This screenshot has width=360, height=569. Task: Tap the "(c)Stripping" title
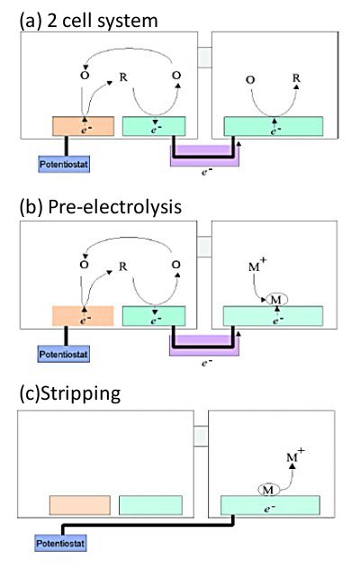tap(64, 394)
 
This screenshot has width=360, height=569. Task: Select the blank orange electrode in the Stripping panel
tap(80, 504)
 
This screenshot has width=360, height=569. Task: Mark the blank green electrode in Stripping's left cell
tap(150, 504)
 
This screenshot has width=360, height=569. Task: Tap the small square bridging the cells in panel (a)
tap(203, 56)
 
